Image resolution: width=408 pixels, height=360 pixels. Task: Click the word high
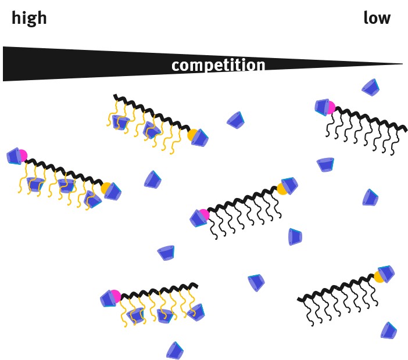[29, 19]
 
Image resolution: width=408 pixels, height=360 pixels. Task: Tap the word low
[377, 19]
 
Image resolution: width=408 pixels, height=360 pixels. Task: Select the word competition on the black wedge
[218, 65]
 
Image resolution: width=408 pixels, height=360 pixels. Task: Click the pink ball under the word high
[22, 155]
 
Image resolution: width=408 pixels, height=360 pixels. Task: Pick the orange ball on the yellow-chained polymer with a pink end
[106, 189]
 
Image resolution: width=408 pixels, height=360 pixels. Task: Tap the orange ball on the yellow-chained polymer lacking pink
[192, 135]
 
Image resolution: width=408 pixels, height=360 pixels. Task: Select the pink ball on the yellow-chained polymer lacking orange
[114, 296]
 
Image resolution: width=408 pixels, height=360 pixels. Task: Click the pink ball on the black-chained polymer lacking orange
[330, 107]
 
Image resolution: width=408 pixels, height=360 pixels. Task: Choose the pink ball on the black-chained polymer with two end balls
[203, 214]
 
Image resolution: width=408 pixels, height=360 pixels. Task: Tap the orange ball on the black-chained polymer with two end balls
[282, 188]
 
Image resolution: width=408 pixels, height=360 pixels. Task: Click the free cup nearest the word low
[370, 87]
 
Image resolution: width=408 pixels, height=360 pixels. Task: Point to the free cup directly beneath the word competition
[236, 120]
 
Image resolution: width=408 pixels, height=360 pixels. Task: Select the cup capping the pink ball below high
[14, 156]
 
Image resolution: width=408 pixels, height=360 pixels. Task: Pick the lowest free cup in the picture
[174, 350]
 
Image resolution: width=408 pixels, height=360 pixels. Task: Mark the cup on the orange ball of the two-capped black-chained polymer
[289, 185]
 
